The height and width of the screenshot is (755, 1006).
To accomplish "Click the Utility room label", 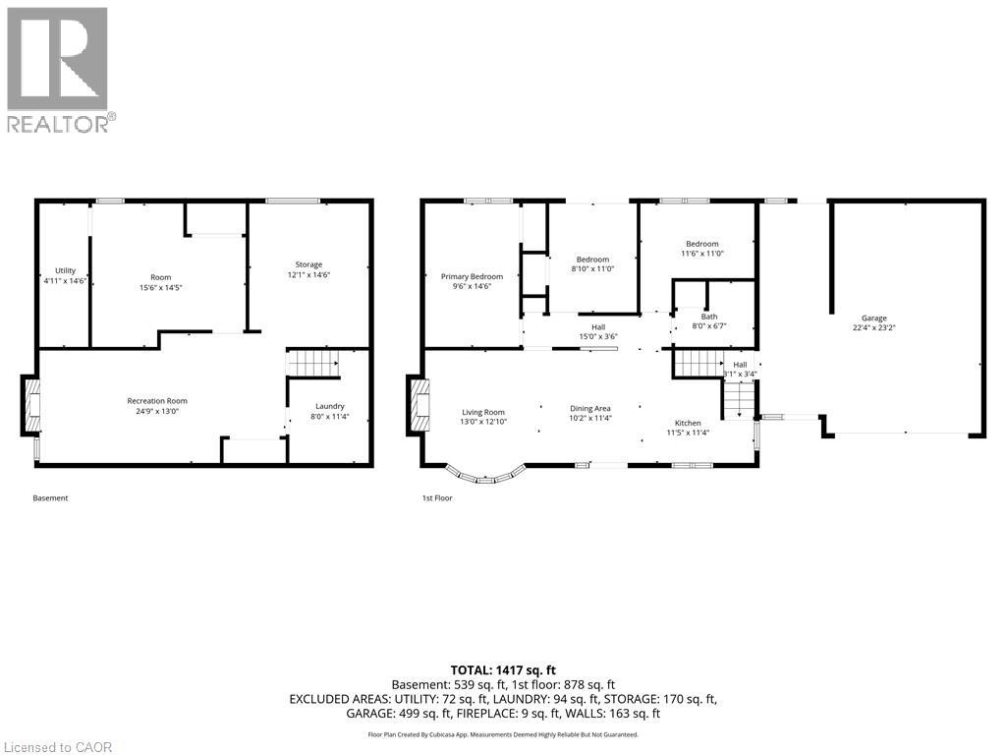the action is pyautogui.click(x=65, y=271).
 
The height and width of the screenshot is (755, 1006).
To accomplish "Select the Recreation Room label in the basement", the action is pyautogui.click(x=157, y=401).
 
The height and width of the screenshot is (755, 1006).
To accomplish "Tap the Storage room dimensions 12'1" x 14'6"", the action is pyautogui.click(x=308, y=275).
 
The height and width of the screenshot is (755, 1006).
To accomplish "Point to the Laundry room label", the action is pyautogui.click(x=330, y=406).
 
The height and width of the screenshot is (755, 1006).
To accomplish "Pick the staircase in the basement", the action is pyautogui.click(x=312, y=364).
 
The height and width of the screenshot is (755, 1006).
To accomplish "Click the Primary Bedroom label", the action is pyautogui.click(x=472, y=276).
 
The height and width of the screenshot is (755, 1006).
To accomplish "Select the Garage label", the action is pyautogui.click(x=873, y=318).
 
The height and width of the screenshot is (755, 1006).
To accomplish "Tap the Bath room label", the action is pyautogui.click(x=709, y=317).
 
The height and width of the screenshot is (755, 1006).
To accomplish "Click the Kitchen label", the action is pyautogui.click(x=688, y=423).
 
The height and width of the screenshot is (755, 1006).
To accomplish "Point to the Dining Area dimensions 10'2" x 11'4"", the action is pyautogui.click(x=590, y=418).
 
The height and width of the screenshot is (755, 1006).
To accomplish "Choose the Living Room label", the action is pyautogui.click(x=483, y=413).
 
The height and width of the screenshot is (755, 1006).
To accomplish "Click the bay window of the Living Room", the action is pyautogui.click(x=485, y=474).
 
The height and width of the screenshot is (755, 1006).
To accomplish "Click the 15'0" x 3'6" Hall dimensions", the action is pyautogui.click(x=598, y=336).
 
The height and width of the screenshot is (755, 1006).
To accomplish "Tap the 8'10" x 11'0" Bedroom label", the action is pyautogui.click(x=592, y=260).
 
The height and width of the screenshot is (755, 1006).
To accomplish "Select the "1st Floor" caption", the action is pyautogui.click(x=437, y=497).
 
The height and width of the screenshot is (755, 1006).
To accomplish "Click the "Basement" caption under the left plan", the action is pyautogui.click(x=50, y=497).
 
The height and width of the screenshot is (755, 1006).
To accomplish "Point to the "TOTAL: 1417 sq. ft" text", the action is pyautogui.click(x=503, y=670).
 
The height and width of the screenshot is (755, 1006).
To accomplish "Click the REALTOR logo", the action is pyautogui.click(x=61, y=70).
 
